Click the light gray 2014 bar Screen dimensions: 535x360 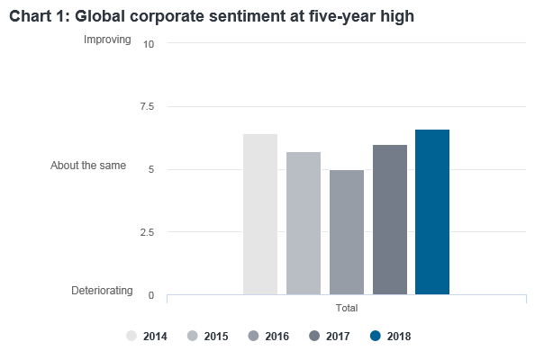coord(260,214)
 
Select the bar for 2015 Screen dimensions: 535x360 coord(304,223)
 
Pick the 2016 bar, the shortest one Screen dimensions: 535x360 coord(347,232)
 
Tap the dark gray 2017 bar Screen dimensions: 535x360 coord(390,220)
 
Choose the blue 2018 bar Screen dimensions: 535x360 coord(432,212)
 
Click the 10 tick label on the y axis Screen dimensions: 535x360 coord(149,44)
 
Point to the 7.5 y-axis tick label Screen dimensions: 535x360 coord(147,107)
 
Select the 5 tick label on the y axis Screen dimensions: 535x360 coord(151,169)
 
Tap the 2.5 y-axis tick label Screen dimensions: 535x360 coord(147,232)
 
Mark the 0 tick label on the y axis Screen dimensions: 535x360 coord(151,295)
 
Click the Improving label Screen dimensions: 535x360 coord(107,40)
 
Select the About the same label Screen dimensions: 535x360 coord(88,166)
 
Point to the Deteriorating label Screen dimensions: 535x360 coord(102,291)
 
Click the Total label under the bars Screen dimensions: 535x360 coord(347,308)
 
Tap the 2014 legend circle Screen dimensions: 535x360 coord(131,336)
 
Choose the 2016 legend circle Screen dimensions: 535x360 coord(253,336)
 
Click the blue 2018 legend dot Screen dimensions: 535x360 coord(376,336)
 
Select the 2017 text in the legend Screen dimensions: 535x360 coord(338,337)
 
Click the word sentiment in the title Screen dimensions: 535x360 coord(242,16)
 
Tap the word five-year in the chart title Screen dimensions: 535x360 coord(342,17)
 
